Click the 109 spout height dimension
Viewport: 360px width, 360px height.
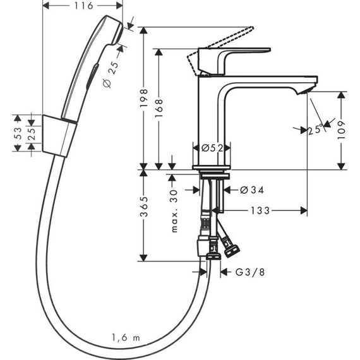click(342, 130)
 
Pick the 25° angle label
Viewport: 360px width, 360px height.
click(315, 129)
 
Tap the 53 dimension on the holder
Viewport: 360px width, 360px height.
click(18, 133)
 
